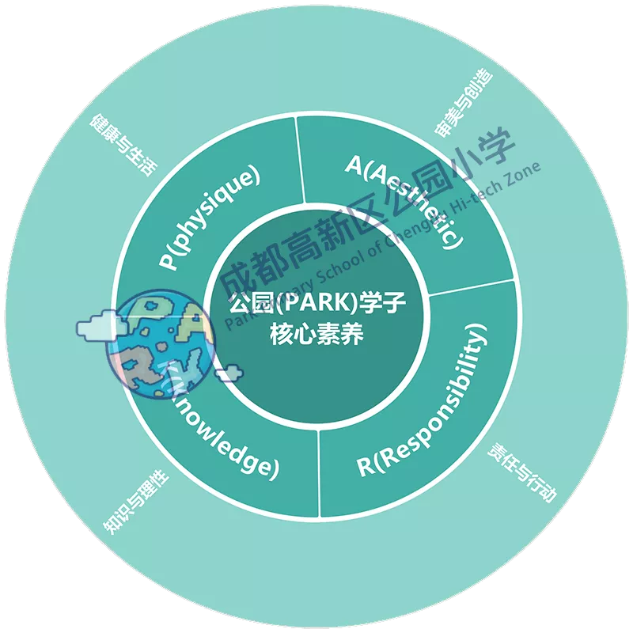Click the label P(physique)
coord(210,218)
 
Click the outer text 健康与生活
coord(124,144)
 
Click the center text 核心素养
coord(316,334)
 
